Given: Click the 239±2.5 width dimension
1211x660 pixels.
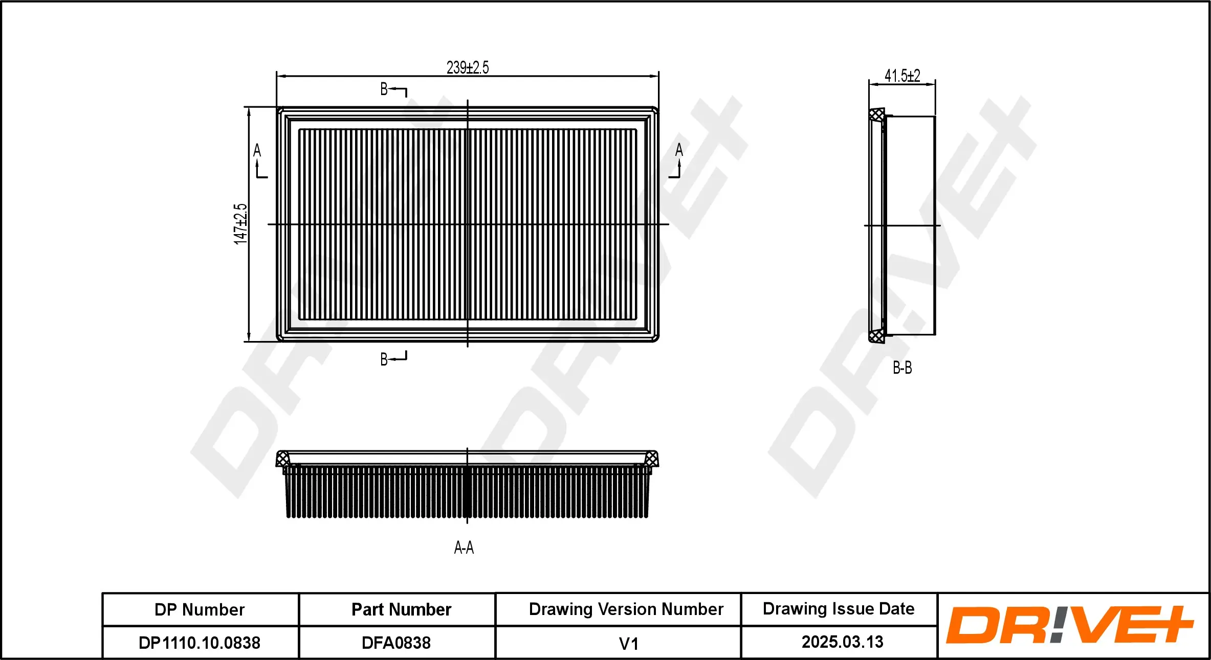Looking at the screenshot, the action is (x=468, y=67).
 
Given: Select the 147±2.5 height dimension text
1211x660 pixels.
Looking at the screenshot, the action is (x=240, y=224).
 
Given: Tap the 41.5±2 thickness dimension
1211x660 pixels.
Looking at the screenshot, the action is (x=902, y=76).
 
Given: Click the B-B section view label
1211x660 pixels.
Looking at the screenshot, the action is (x=902, y=368).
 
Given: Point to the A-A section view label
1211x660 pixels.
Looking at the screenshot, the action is (x=464, y=548).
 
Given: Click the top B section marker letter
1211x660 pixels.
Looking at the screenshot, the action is (x=384, y=89).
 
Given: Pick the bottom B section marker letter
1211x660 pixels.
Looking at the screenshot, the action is (x=384, y=359).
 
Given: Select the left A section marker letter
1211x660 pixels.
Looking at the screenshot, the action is (x=257, y=150).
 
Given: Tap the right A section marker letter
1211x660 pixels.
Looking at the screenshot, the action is (x=679, y=150).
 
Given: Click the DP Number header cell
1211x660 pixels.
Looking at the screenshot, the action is (x=200, y=610).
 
